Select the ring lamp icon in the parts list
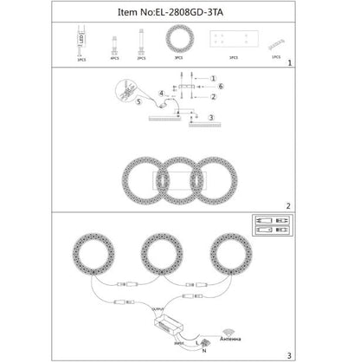tap(177, 41)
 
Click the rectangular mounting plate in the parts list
tap(232, 42)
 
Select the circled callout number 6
tap(220, 88)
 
